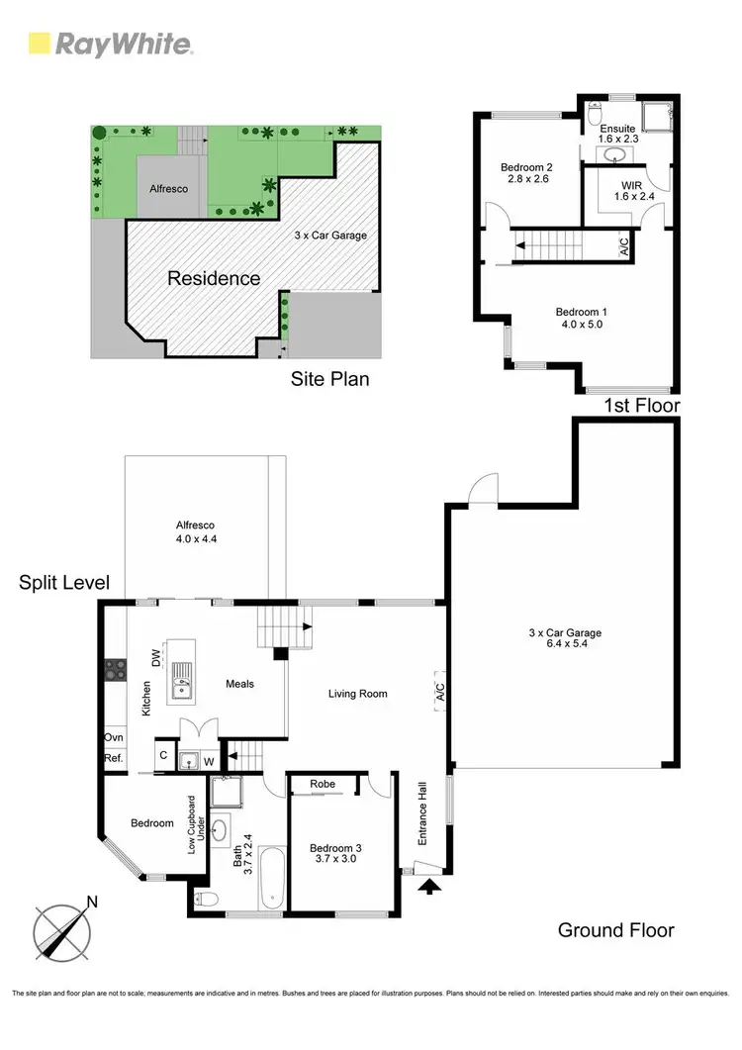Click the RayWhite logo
pos(110,44)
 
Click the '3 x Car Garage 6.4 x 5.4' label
pos(564,639)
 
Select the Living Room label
pos(357,694)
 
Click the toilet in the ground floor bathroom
pos(205,899)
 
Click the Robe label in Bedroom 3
pos(323,784)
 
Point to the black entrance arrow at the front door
pos(428,887)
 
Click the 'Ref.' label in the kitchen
pos(113,758)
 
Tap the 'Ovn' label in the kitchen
pos(113,738)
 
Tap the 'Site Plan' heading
pos(329,378)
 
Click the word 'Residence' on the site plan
pos(214,278)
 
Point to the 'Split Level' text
pos(64,583)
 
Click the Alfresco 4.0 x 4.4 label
pos(196,531)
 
